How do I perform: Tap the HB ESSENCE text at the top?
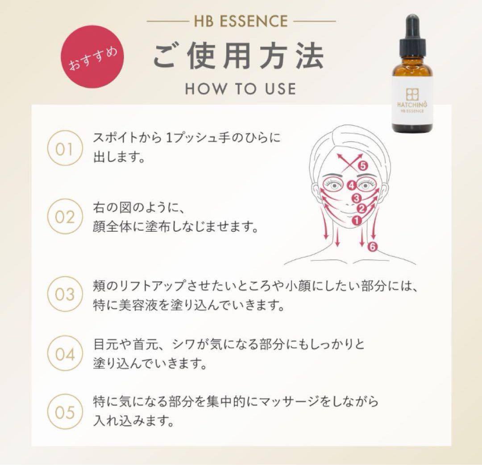[x=241, y=21]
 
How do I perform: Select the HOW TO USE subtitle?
[x=241, y=88]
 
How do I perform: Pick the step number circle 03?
[x=64, y=295]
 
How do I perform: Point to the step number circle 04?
[x=64, y=354]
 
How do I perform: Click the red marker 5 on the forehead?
[x=362, y=166]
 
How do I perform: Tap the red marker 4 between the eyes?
[x=351, y=185]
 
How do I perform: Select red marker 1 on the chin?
[x=356, y=220]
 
